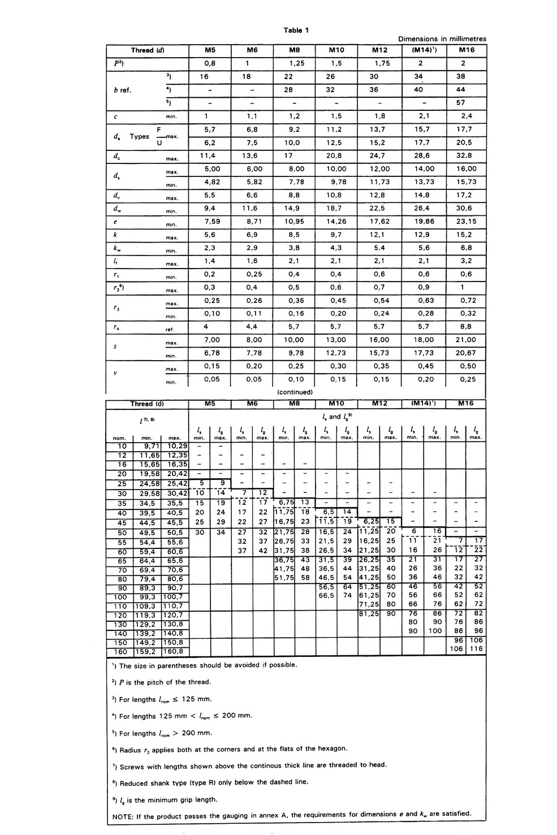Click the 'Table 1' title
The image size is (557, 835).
point(296,30)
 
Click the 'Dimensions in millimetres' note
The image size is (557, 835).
point(442,39)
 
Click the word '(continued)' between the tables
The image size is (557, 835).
point(295,392)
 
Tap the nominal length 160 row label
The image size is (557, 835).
point(122,651)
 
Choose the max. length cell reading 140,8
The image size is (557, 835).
point(173,633)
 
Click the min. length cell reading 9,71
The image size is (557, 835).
point(147,446)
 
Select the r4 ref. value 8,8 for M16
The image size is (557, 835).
point(466,327)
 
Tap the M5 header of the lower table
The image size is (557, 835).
point(209,404)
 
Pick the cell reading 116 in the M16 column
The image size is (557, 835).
point(476,649)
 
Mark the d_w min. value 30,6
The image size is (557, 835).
point(466,208)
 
